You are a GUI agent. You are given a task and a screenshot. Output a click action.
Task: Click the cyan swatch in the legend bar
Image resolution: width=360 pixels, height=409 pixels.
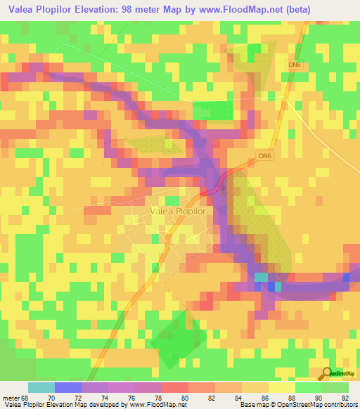coord(41,387)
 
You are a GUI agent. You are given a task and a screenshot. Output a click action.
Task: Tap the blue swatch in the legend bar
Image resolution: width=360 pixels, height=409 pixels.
coord(67,387)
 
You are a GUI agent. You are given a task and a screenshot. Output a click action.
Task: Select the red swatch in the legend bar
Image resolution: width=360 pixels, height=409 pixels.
coord(174,387)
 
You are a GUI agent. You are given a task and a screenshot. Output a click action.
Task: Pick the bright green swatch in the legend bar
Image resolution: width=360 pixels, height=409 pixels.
coord(308,387)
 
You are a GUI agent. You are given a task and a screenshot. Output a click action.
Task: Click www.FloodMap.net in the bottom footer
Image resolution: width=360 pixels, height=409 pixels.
coord(153,405)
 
